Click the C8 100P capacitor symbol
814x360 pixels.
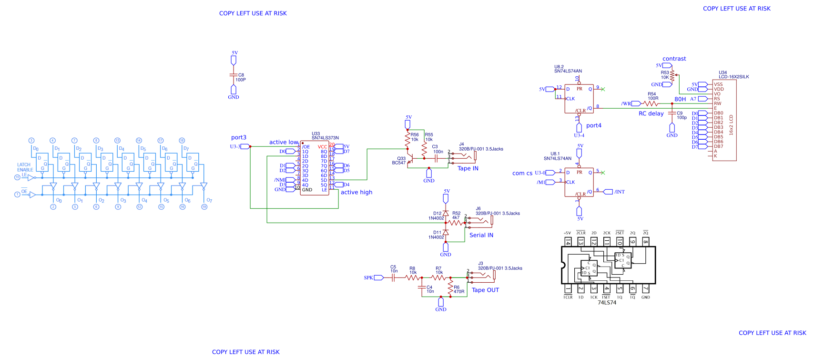(x=234, y=75)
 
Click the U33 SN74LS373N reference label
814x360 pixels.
(x=325, y=136)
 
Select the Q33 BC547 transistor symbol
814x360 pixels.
(x=409, y=161)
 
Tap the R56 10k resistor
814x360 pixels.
(x=407, y=139)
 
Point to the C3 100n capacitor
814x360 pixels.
(x=436, y=158)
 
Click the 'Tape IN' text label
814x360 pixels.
(x=468, y=168)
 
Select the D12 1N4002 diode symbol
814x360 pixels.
(x=446, y=213)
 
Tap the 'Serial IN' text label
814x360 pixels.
(x=481, y=235)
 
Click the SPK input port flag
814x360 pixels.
(x=378, y=278)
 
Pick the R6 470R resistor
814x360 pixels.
(x=450, y=288)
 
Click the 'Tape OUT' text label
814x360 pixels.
(x=485, y=290)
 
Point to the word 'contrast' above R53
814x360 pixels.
(x=674, y=59)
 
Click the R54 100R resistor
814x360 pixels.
(x=651, y=103)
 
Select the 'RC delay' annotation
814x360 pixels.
(x=651, y=113)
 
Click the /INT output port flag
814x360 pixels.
(x=608, y=192)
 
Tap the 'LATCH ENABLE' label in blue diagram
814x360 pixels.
(x=25, y=167)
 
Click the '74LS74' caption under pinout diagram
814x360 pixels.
(x=607, y=302)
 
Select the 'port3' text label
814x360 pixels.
(x=239, y=137)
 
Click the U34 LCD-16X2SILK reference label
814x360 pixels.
(x=733, y=74)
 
